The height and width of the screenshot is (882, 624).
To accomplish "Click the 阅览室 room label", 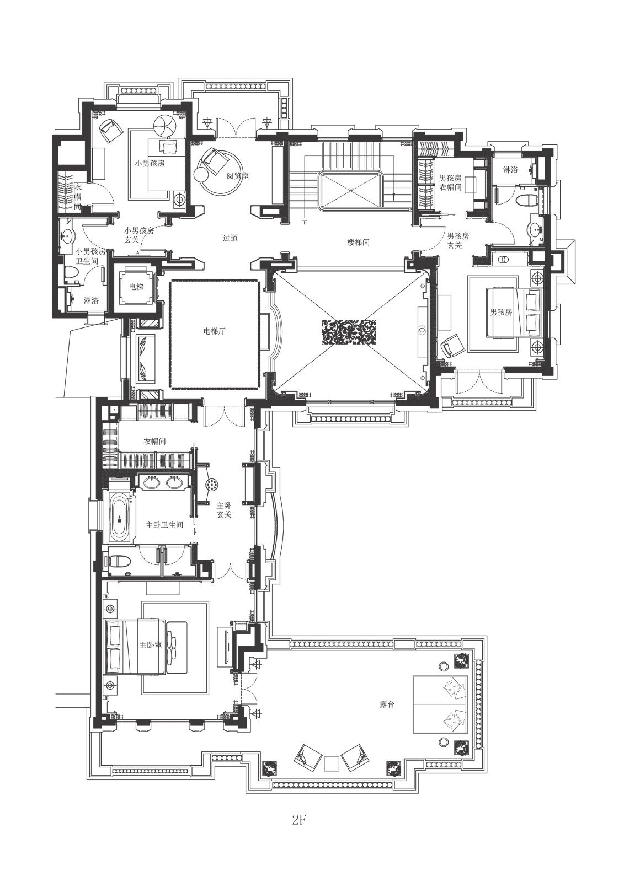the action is tap(238, 176).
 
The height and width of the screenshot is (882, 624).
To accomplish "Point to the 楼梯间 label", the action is tap(358, 242).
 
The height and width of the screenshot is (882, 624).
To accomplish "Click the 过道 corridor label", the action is tap(230, 238).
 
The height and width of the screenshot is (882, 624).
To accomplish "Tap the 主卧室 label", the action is tap(151, 646).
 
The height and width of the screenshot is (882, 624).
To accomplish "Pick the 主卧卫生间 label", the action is tap(164, 525).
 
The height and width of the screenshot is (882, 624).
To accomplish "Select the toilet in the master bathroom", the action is tap(119, 561).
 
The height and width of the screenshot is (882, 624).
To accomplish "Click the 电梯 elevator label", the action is tap(136, 287).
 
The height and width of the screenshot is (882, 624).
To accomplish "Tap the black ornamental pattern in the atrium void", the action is tap(349, 332).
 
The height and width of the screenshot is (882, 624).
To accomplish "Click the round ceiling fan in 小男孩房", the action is tap(166, 126).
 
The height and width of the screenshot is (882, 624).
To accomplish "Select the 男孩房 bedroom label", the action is tap(501, 312).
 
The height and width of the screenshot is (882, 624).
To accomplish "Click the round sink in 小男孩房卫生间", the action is tap(68, 236).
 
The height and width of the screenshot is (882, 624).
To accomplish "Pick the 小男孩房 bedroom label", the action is tap(150, 163).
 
